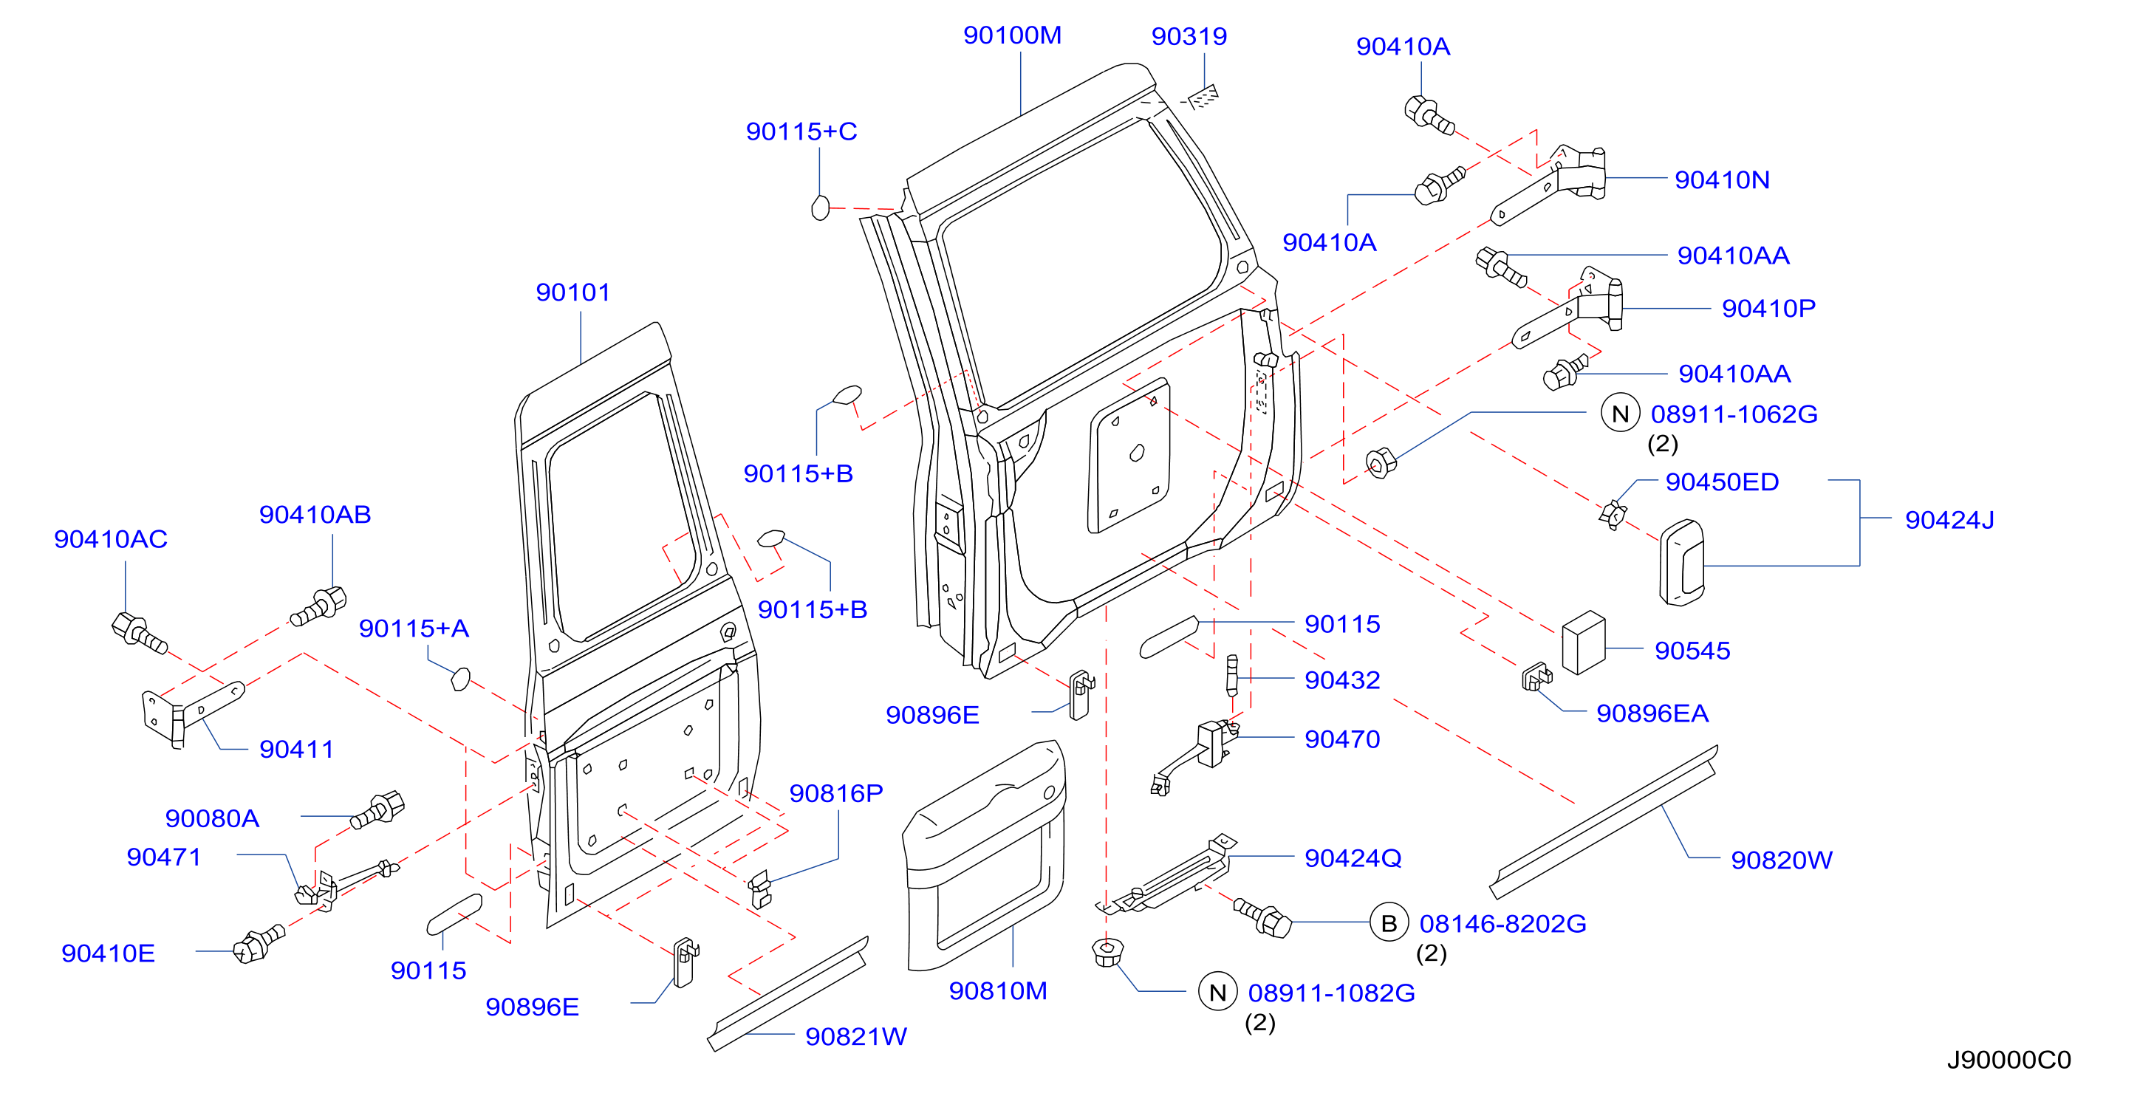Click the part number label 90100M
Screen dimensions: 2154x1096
coord(1012,35)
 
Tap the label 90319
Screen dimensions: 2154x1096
coord(1189,36)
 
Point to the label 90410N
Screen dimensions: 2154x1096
coord(1722,179)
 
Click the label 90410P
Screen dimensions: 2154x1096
coord(1768,309)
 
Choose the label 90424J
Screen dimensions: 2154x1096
coord(1949,520)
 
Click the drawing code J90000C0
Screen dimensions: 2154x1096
coord(2008,1060)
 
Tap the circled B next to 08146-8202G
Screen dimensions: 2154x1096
coord(1389,924)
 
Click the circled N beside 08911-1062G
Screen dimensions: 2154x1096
coord(1621,414)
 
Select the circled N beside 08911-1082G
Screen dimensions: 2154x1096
coord(1217,993)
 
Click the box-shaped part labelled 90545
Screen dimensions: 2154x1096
coord(1584,642)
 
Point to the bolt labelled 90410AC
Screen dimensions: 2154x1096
coord(139,633)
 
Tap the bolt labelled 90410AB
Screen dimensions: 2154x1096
coord(318,606)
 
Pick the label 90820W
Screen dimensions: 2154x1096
coord(1781,860)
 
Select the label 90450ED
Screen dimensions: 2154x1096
coord(1722,482)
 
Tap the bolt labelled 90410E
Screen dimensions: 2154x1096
coord(260,945)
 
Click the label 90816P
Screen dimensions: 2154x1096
coord(836,793)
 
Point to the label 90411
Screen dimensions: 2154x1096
coord(296,750)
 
